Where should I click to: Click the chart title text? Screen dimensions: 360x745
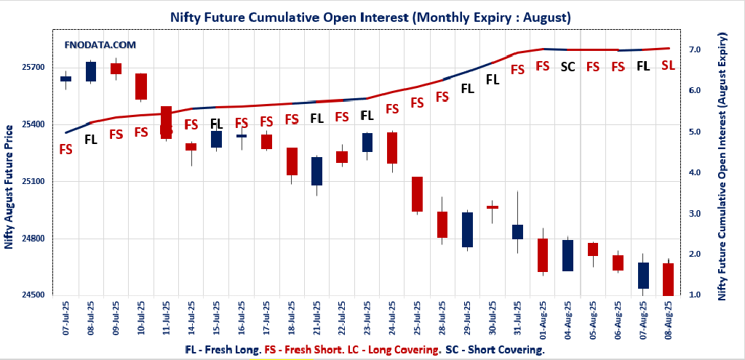pyautogui.click(x=370, y=16)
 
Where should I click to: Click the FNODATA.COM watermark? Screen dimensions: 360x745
pyautogui.click(x=100, y=44)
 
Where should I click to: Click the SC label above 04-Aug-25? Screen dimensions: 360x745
pyautogui.click(x=568, y=67)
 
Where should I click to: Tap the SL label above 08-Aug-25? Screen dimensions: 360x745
pyautogui.click(x=668, y=65)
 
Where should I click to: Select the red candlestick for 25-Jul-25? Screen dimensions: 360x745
pyautogui.click(x=418, y=194)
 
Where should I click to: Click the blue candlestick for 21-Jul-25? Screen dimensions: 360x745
pyautogui.click(x=317, y=171)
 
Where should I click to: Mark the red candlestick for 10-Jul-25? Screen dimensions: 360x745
pyautogui.click(x=141, y=87)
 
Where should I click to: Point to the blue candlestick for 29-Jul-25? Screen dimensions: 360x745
pyautogui.click(x=468, y=230)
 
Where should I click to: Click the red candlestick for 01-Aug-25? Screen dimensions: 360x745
pyautogui.click(x=543, y=255)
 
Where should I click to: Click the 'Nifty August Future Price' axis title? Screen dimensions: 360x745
pyautogui.click(x=9, y=187)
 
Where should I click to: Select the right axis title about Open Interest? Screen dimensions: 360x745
pyautogui.click(x=722, y=167)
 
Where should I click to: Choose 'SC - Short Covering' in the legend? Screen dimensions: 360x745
pyautogui.click(x=495, y=350)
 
